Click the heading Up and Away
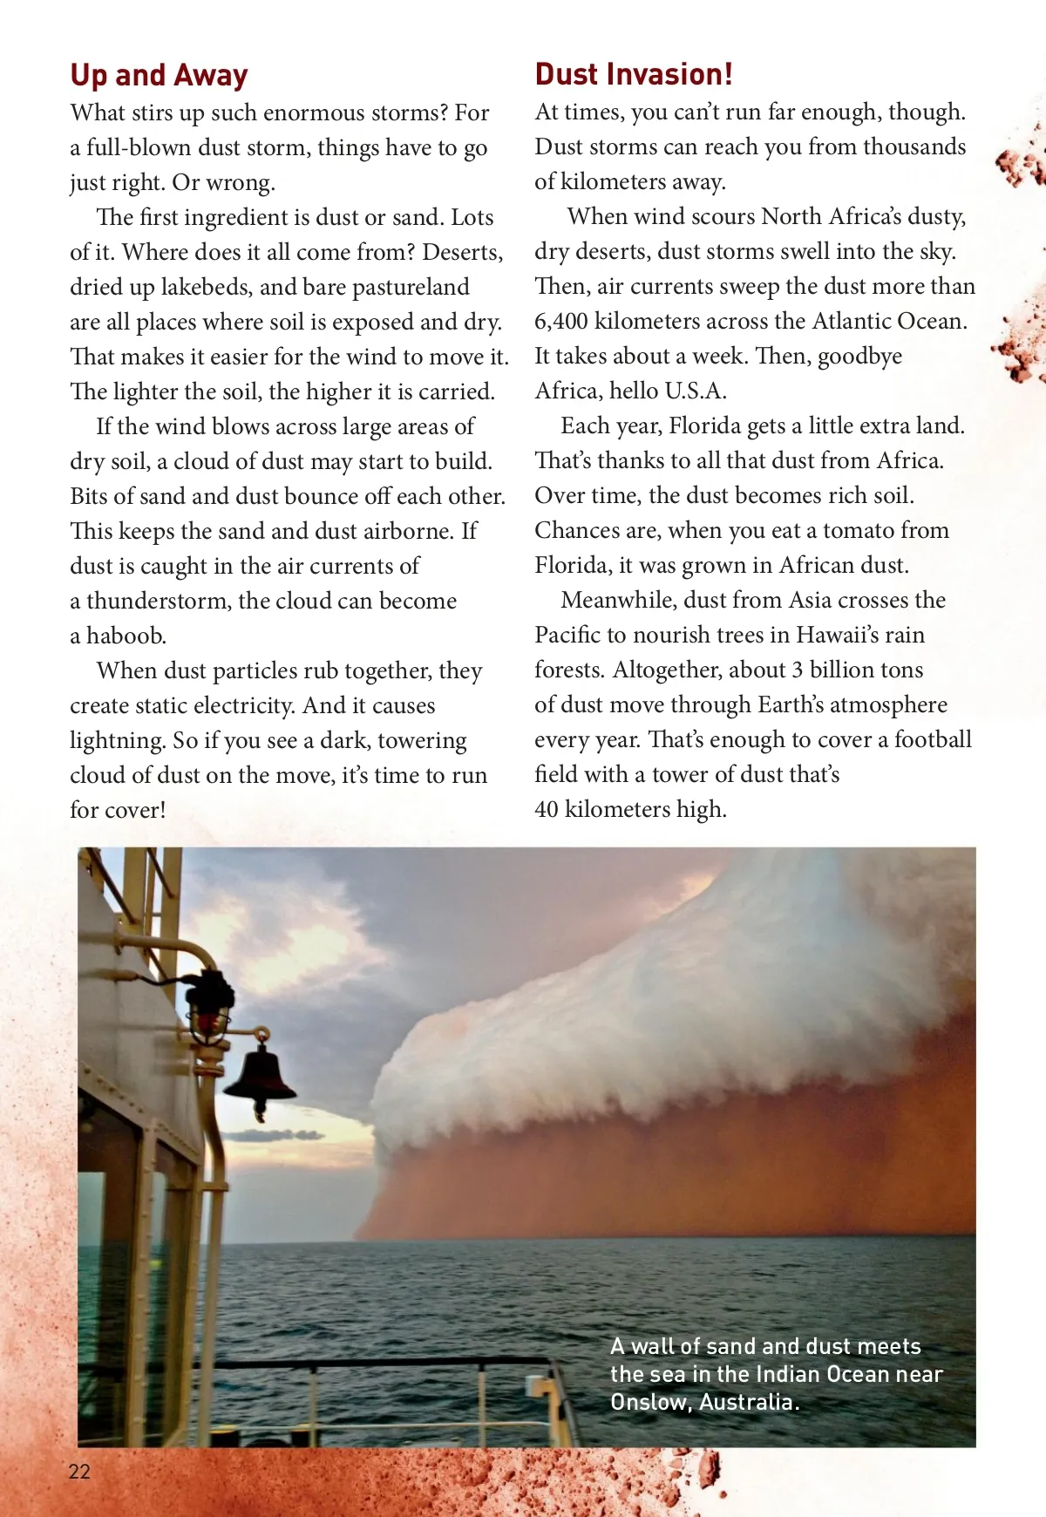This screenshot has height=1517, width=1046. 159,76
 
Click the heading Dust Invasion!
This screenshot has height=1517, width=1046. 634,75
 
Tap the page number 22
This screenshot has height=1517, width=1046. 79,1472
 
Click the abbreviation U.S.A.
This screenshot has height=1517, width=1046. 695,391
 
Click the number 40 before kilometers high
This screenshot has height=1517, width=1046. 547,809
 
